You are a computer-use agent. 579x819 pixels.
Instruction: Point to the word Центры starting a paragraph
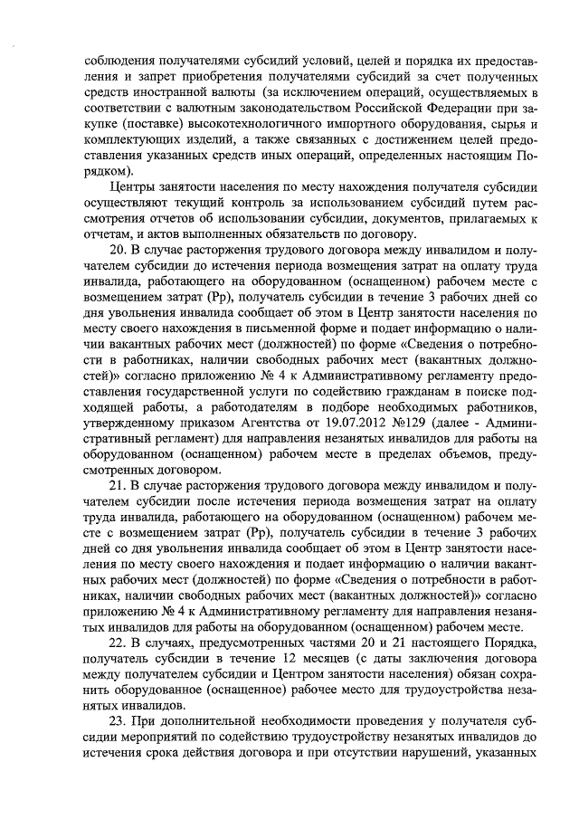131,186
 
